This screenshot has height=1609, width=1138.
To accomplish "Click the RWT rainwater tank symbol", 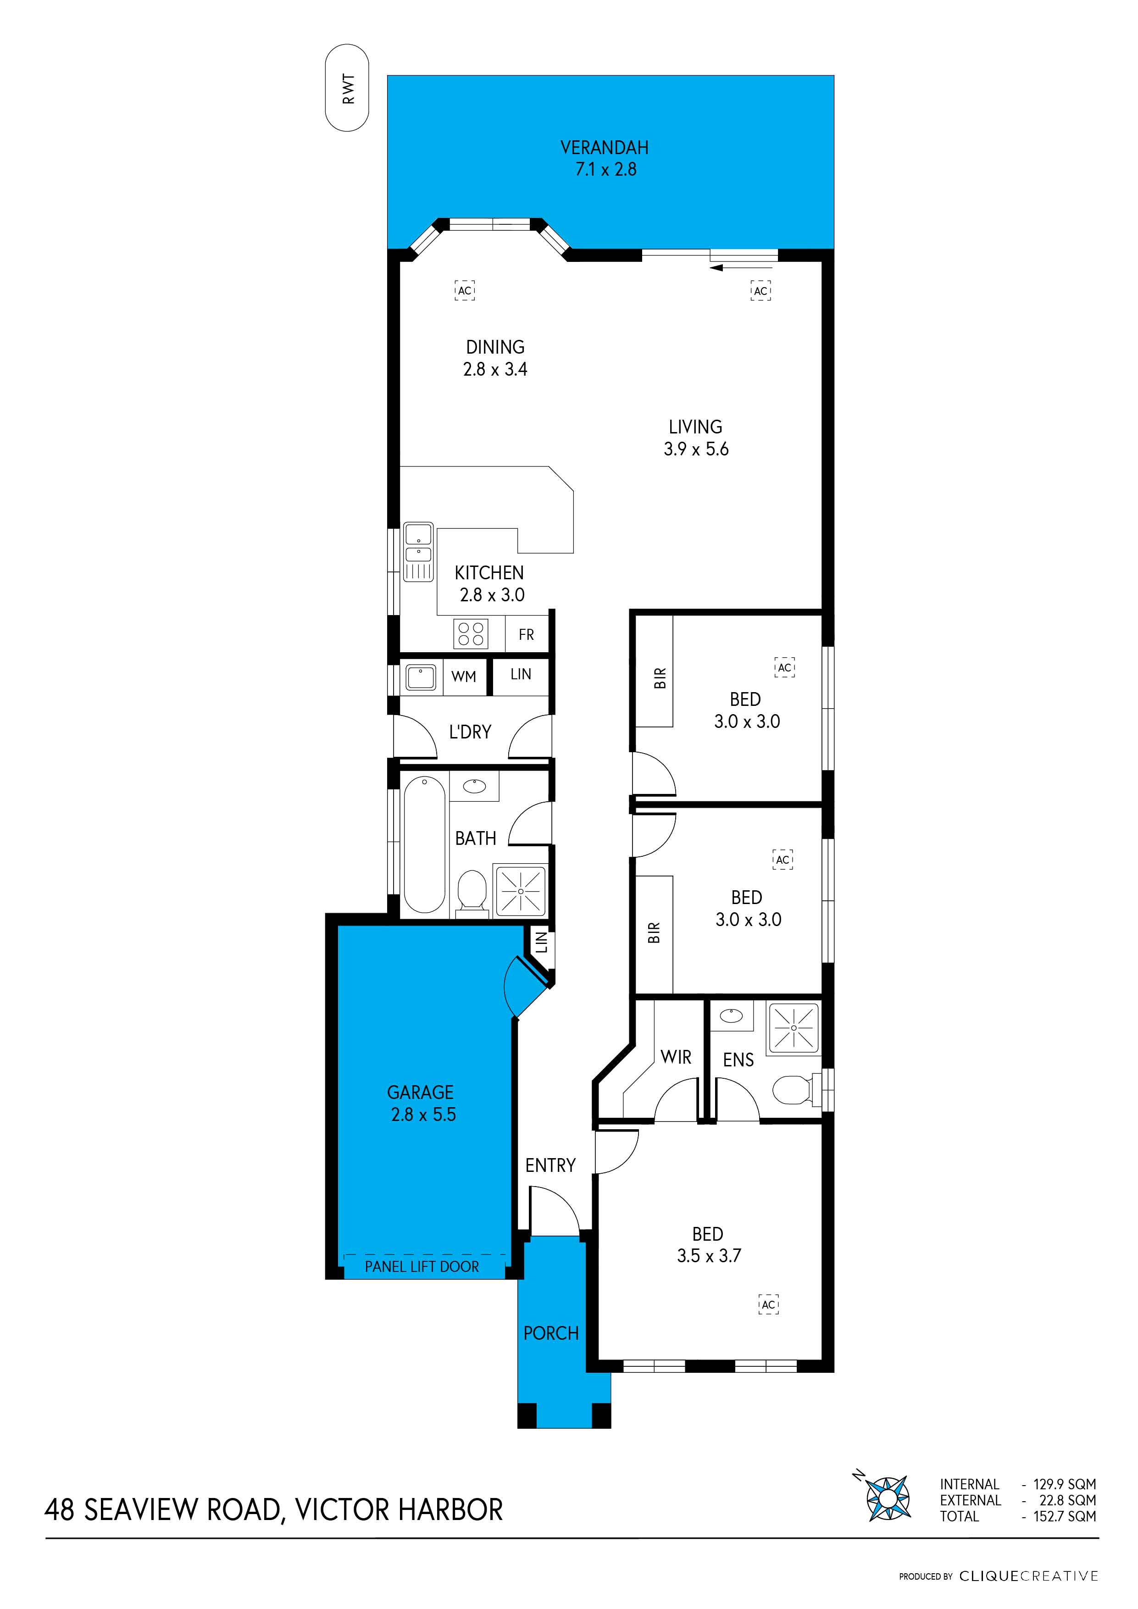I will [347, 89].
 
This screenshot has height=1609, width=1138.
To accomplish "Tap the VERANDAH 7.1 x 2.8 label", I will [605, 158].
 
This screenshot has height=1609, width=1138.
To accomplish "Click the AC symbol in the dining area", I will [465, 290].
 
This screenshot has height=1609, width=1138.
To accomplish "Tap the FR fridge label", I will [526, 634].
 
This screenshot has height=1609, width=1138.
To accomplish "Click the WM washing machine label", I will [463, 676].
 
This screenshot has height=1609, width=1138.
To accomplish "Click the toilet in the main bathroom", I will [472, 893].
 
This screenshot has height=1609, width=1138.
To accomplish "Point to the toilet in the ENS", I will [792, 1090].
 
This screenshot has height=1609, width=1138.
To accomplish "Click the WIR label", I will [676, 1057].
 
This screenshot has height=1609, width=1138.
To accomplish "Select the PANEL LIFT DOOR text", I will [422, 1266].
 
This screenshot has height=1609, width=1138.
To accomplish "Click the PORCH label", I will [551, 1333].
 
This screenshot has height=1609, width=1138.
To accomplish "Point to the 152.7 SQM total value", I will [1064, 1516].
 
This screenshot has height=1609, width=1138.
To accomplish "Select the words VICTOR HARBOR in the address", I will [398, 1509].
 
